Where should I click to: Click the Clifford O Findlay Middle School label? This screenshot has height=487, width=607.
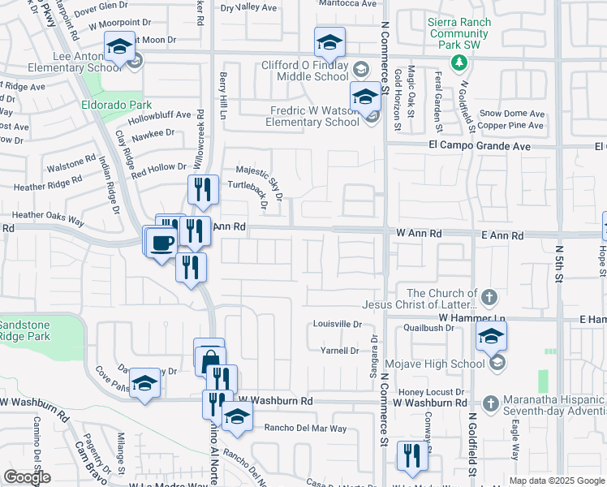304,71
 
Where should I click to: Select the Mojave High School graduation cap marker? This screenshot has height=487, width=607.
491,336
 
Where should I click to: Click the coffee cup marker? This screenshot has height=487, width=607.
163,242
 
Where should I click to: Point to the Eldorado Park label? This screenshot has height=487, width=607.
117,105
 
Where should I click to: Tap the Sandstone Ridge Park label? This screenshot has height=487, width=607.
25,330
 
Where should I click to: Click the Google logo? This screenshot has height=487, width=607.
27,476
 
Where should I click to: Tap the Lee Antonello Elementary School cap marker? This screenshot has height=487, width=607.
119,47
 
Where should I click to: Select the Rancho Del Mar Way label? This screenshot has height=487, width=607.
305,428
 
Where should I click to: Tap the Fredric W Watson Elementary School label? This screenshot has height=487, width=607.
312,116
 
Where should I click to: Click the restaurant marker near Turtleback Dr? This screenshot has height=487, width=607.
203,190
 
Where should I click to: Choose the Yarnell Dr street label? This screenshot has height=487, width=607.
339,351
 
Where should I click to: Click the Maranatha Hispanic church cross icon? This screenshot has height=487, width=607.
489,403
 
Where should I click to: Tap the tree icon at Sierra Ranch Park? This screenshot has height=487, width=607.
458,62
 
